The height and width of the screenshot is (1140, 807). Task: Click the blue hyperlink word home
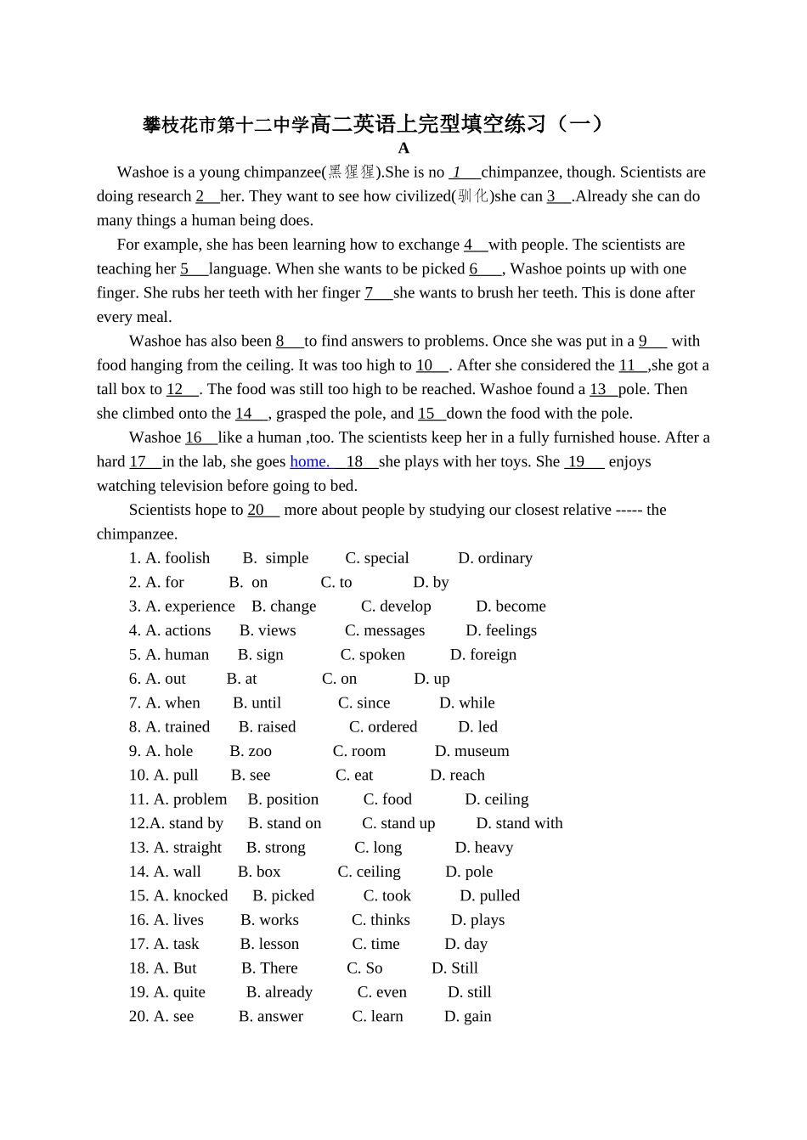point(309,461)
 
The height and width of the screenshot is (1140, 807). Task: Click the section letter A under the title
point(403,148)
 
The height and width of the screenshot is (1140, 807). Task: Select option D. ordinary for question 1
point(495,558)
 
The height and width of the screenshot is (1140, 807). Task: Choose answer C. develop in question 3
point(396,607)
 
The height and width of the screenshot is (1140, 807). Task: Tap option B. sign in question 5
point(261,655)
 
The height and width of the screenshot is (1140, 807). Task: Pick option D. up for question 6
point(432,679)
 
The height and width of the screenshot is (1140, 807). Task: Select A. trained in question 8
point(178,727)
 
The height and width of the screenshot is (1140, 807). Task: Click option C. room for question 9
point(359,751)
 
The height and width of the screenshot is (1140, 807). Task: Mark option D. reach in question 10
point(457,776)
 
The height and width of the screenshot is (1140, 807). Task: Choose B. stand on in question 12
point(285,823)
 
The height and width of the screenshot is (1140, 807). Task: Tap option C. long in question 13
point(378,848)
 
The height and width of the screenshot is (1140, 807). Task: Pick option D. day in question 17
point(466,944)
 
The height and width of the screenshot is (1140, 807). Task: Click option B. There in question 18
point(269,968)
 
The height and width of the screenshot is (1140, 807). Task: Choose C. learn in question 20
point(377,1017)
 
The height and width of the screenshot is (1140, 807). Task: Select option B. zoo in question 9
point(251,751)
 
